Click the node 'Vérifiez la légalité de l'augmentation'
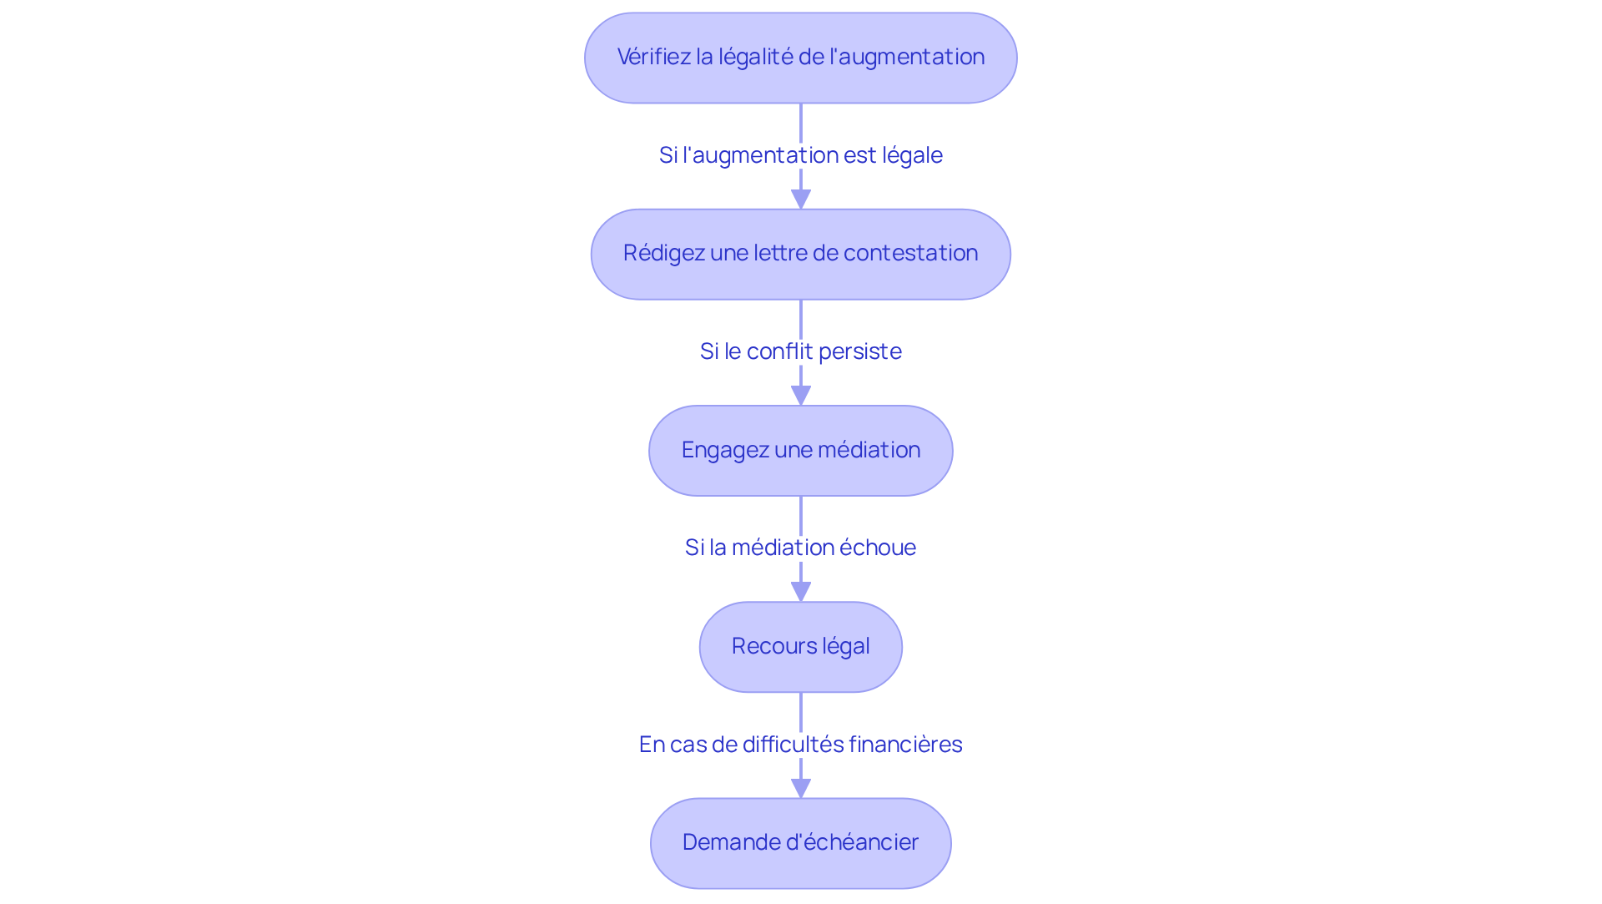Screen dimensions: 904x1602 coord(800,58)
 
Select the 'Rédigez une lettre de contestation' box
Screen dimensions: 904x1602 coord(800,254)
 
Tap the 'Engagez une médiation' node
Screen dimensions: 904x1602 coord(800,451)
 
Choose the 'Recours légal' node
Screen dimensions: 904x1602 coord(800,647)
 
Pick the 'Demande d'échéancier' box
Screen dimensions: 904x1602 coord(800,843)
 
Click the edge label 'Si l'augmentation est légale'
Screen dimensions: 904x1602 coord(800,155)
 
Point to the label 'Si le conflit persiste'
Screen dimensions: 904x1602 coord(800,351)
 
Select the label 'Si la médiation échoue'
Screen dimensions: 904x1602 coord(800,548)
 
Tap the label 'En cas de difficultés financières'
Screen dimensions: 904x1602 coord(800,745)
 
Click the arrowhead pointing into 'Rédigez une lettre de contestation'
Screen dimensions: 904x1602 coord(801,199)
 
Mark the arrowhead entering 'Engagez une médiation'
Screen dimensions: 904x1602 coord(801,396)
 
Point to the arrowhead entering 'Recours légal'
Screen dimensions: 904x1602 coord(801,592)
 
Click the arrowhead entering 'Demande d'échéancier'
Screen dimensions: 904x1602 coord(801,788)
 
